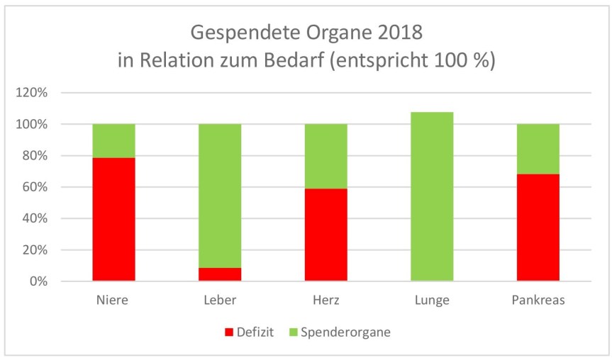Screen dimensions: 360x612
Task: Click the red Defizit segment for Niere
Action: coord(113,219)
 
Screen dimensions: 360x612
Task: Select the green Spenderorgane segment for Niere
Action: coord(113,140)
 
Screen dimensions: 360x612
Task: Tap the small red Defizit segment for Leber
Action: coord(219,274)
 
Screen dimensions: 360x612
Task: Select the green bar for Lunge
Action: coord(432,196)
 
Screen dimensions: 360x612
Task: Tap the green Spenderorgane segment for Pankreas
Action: coord(538,149)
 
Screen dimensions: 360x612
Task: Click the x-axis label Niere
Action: coord(113,300)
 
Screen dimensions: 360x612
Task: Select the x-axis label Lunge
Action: coord(432,300)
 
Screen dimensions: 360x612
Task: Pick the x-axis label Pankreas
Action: coord(538,300)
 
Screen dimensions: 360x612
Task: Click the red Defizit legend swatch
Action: coord(228,331)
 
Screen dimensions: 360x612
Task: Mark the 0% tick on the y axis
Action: coord(38,281)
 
